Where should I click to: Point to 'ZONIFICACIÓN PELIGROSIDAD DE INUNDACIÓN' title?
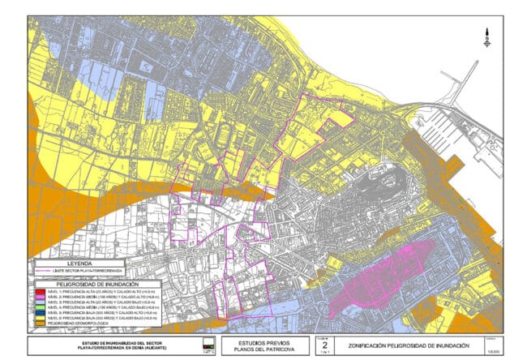coord(392,345)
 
